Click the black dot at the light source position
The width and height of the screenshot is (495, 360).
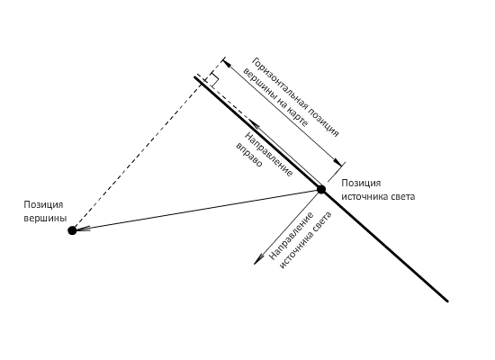click(321, 190)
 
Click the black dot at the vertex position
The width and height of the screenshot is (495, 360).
click(72, 230)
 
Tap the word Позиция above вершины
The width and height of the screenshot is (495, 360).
click(43, 204)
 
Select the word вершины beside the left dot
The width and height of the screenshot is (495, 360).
click(45, 218)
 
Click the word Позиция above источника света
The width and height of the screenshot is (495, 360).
click(361, 184)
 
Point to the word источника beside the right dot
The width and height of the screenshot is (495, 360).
click(364, 197)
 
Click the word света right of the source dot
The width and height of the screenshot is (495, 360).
click(403, 197)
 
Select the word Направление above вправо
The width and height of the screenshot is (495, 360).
click(269, 154)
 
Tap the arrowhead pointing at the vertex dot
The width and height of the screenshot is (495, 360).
click(82, 229)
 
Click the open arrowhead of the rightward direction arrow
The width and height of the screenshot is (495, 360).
click(254, 124)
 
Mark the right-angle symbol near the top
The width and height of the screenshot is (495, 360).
click(214, 79)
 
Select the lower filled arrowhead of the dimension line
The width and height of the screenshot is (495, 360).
click(338, 162)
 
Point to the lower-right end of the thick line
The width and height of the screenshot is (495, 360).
click(447, 301)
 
